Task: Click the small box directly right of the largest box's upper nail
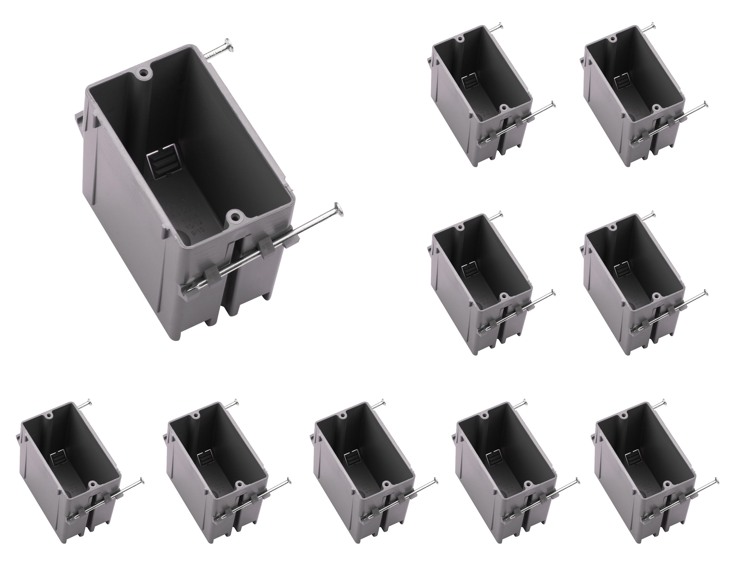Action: pos(481,95)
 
